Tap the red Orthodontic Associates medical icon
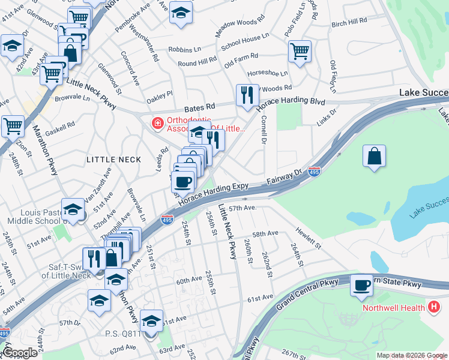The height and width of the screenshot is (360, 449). pos(157,124)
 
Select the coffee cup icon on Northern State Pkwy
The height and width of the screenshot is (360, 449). pos(362,286)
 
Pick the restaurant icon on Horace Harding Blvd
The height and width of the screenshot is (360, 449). pos(247,94)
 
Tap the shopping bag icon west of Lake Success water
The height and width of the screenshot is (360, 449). pos(374,156)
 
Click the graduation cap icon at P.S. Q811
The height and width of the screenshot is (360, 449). pos(152,320)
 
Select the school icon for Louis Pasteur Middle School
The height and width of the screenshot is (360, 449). pos(73,209)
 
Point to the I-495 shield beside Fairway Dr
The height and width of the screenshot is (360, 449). pos(314,172)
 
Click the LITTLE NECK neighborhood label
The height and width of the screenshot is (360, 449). pos(113,160)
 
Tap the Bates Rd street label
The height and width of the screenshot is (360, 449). pos(200,106)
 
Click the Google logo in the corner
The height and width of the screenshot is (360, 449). pos(20,353)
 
